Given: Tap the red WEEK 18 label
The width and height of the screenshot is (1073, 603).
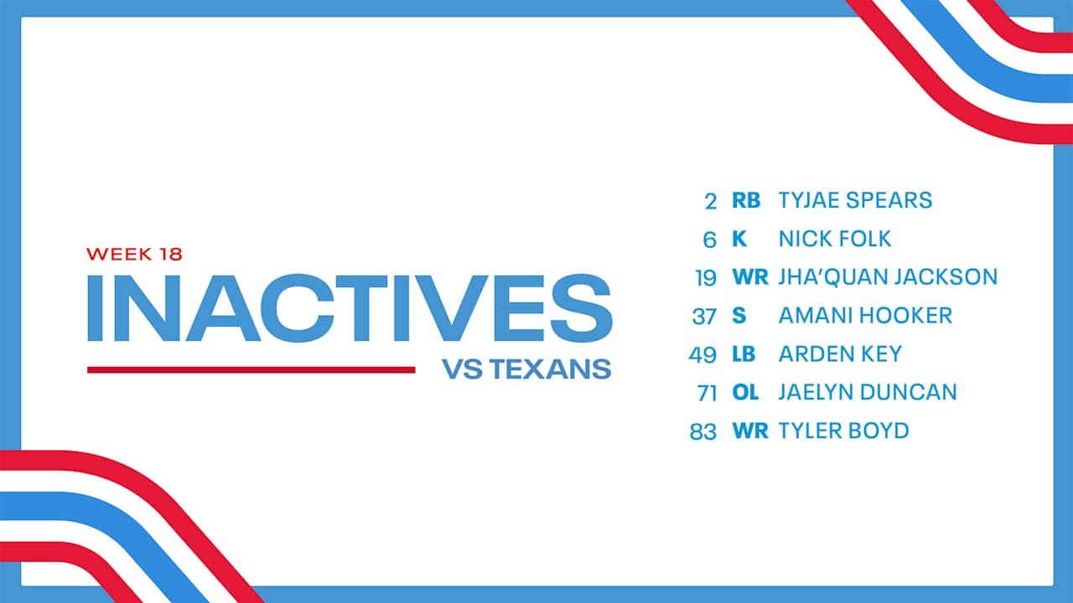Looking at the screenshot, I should (x=134, y=253).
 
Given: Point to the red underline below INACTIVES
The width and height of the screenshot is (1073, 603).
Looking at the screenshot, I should (x=251, y=369).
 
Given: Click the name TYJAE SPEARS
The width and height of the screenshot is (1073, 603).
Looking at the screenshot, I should (x=855, y=200).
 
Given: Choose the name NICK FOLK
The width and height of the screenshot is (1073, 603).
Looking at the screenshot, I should (x=835, y=239).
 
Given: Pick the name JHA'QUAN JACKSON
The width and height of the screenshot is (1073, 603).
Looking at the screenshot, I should (x=888, y=277).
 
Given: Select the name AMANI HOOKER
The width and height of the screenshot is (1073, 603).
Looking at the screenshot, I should (x=865, y=316).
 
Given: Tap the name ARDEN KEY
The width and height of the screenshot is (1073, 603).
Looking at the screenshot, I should (x=840, y=354).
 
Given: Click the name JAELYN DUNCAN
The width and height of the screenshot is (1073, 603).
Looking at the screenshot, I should (x=868, y=392).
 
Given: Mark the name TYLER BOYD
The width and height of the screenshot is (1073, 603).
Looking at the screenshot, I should (x=843, y=430).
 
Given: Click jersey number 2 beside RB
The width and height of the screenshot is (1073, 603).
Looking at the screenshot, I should (x=711, y=201).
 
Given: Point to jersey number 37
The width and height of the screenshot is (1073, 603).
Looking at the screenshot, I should (x=704, y=317).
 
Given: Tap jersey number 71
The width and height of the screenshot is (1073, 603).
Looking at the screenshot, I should (x=704, y=393).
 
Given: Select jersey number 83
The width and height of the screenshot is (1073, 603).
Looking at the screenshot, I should (x=703, y=431).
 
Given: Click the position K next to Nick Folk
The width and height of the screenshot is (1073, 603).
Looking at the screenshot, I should (x=739, y=239).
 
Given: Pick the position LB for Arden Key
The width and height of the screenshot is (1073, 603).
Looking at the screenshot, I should (x=744, y=354).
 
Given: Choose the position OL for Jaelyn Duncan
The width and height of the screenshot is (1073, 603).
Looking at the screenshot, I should (x=744, y=392).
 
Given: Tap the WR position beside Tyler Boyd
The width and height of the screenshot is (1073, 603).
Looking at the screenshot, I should (x=749, y=430).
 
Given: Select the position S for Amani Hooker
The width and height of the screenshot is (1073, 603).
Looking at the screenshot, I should (x=738, y=316).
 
